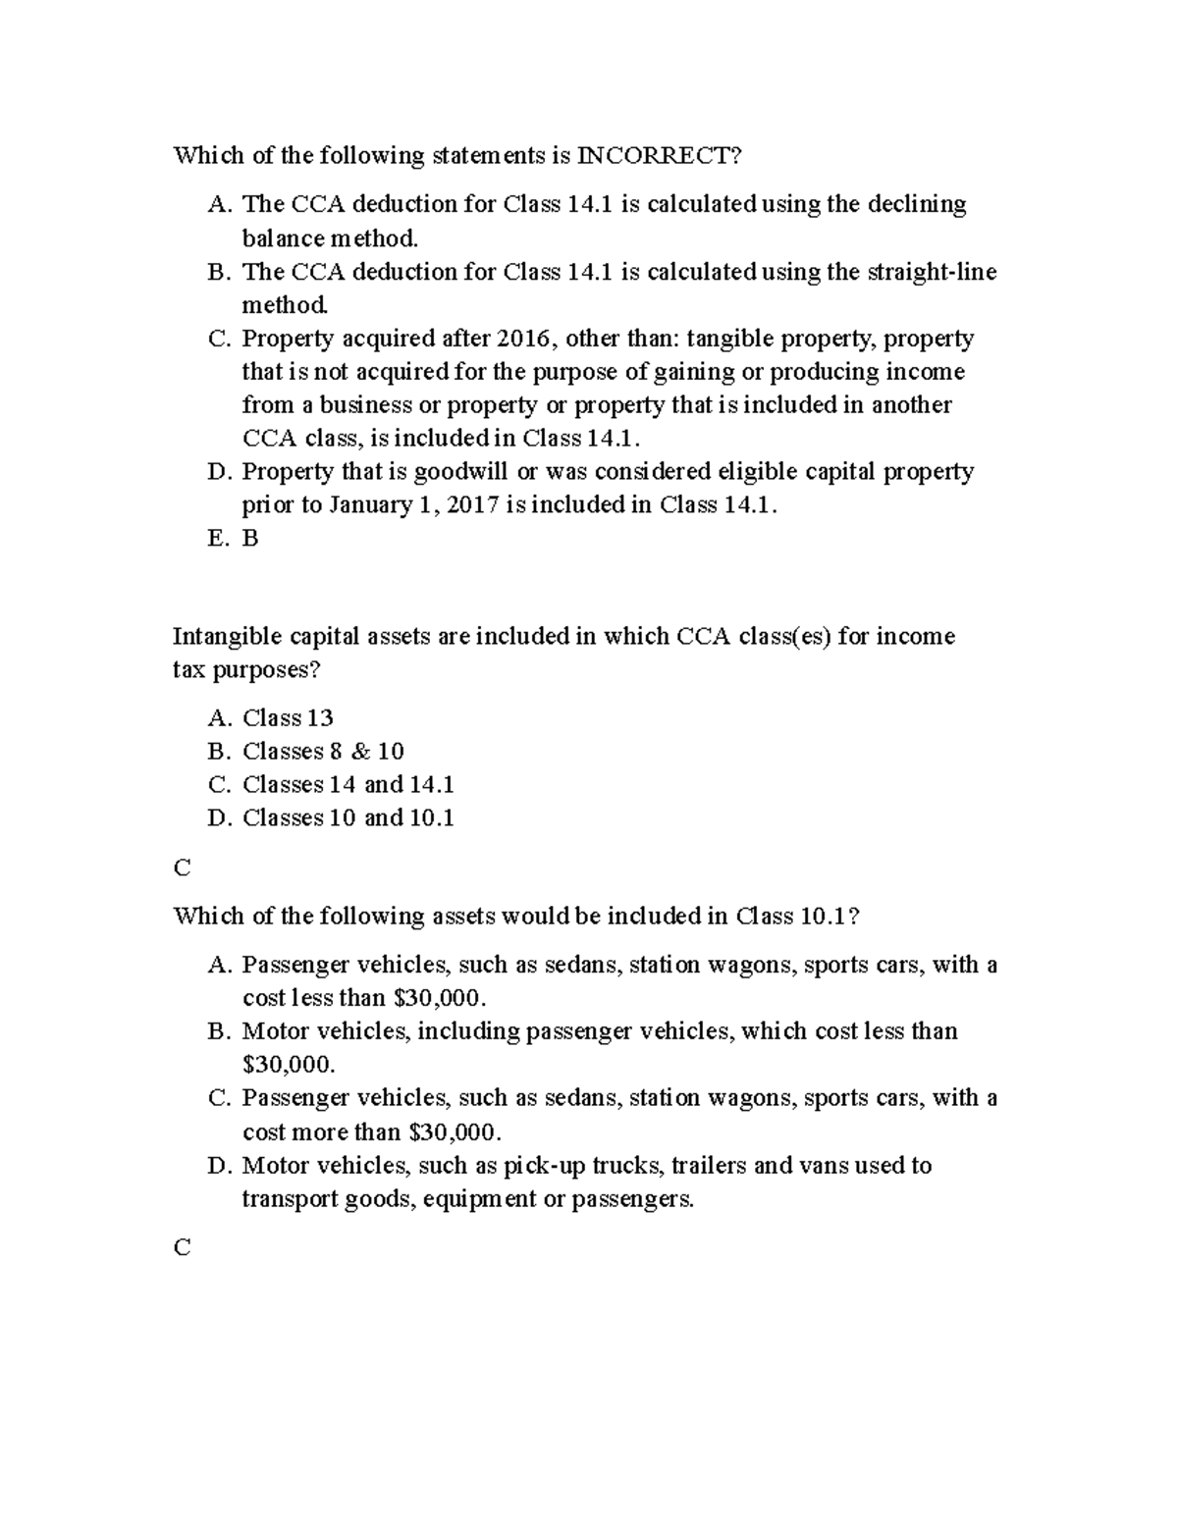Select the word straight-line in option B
[x=932, y=272]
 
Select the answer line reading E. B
[x=234, y=539]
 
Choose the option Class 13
[x=287, y=718]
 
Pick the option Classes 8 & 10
[x=322, y=752]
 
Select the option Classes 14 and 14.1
[x=348, y=785]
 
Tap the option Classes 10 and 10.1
[x=348, y=818]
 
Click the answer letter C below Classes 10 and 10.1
[x=182, y=868]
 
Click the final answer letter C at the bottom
[x=182, y=1248]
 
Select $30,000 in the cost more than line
[x=453, y=1132]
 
